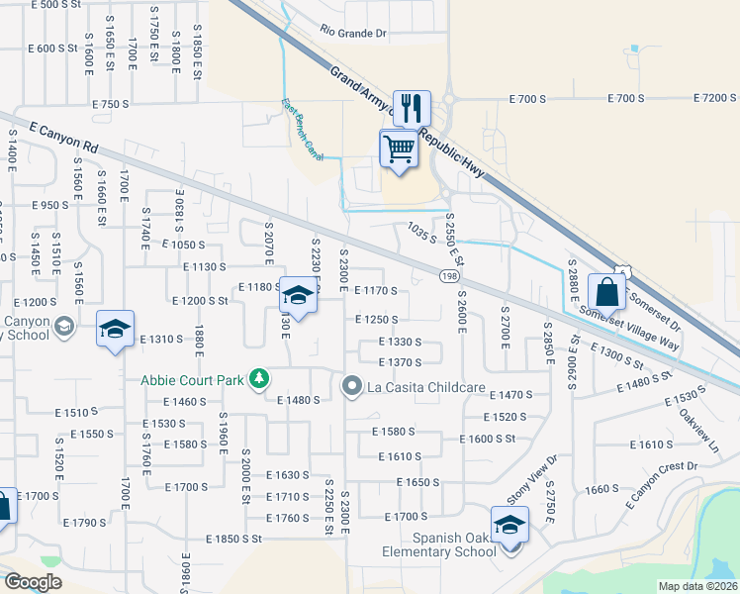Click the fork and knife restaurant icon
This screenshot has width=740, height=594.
pyautogui.click(x=412, y=107)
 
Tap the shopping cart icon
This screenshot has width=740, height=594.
pyautogui.click(x=399, y=149)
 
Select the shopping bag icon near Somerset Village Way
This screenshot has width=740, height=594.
pyautogui.click(x=606, y=292)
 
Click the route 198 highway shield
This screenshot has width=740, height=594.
pyautogui.click(x=449, y=278)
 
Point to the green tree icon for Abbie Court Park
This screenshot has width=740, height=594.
pyautogui.click(x=259, y=378)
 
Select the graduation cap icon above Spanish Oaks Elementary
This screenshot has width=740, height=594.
pyautogui.click(x=509, y=524)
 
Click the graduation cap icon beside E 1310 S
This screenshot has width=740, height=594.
pyautogui.click(x=115, y=330)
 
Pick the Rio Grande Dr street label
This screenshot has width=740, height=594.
pyautogui.click(x=353, y=33)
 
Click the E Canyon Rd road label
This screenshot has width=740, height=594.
pyautogui.click(x=65, y=138)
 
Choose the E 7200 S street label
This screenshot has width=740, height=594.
pyautogui.click(x=715, y=98)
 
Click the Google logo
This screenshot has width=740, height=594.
pyautogui.click(x=33, y=582)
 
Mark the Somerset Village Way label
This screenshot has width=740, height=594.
pyautogui.click(x=629, y=328)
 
